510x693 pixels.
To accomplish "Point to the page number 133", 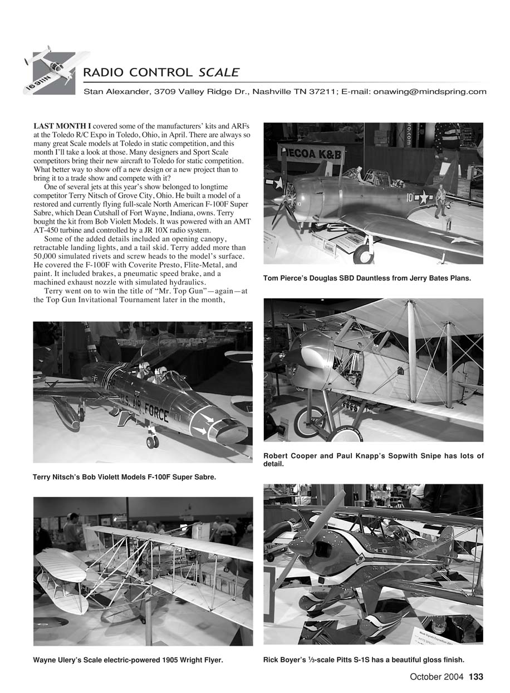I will pyautogui.click(x=476, y=677).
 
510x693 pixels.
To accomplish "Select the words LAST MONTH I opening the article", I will pyautogui.click(x=63, y=127).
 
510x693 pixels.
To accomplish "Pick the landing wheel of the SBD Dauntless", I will pyautogui.click(x=363, y=254).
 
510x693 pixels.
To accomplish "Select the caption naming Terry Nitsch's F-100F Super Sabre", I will pyautogui.click(x=124, y=477).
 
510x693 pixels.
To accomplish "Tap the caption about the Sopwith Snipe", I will pyautogui.click(x=373, y=460).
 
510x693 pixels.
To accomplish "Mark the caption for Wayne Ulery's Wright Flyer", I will pyautogui.click(x=128, y=660).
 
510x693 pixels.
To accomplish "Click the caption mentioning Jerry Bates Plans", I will pyautogui.click(x=367, y=278).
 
